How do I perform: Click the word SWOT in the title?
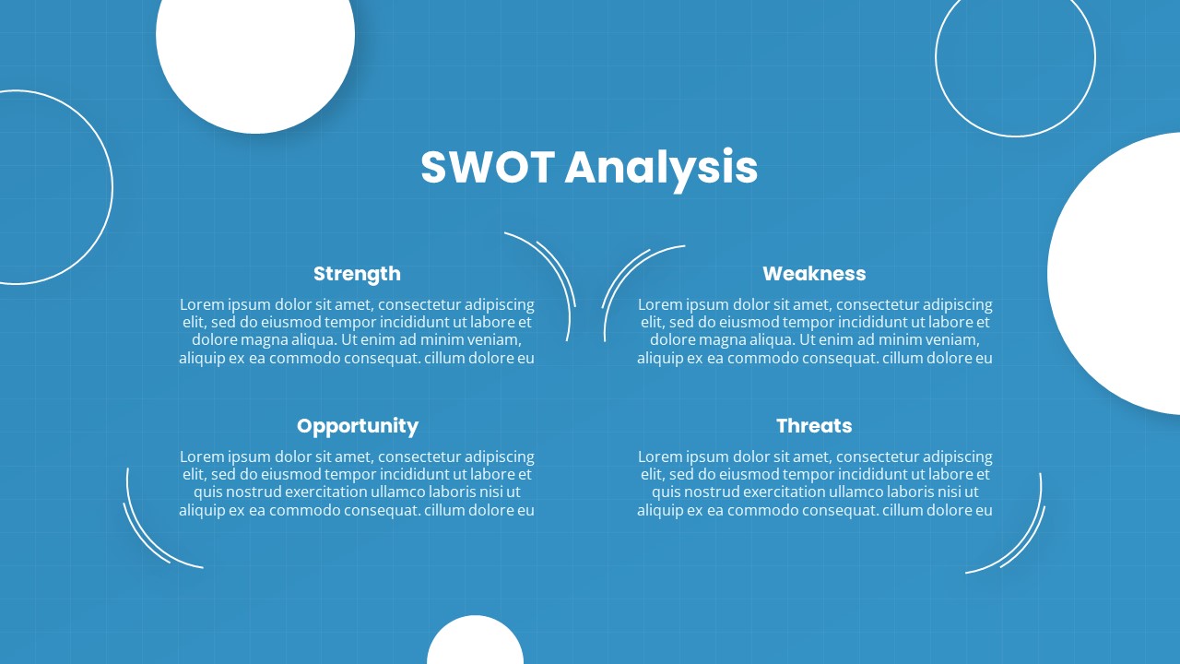487,168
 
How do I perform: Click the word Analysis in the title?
661,168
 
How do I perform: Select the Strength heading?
357,274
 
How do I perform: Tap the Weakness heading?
814,274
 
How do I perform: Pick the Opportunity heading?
358,426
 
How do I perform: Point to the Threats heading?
814,426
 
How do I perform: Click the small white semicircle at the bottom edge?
475,642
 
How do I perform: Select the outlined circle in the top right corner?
1015,57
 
